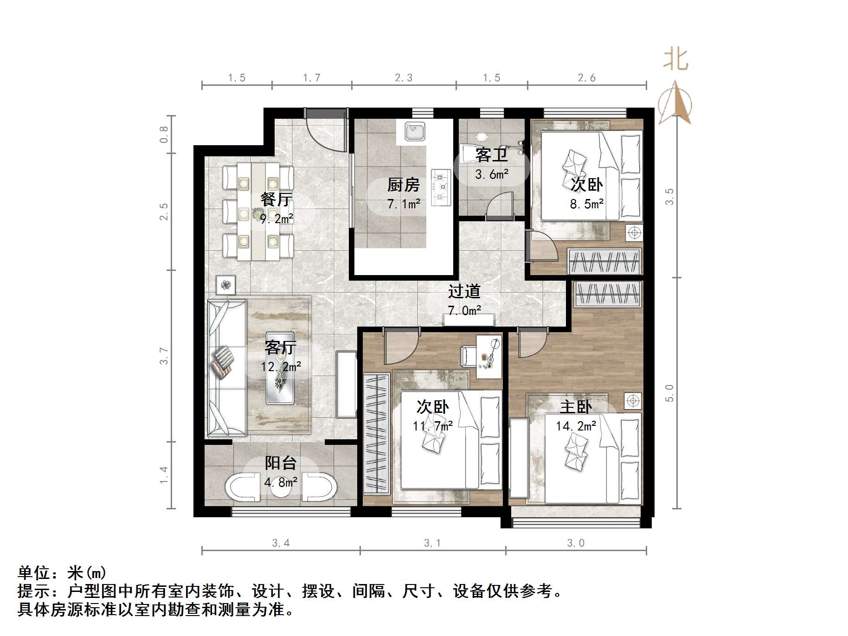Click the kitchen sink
(414, 131)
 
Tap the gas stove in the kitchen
(441, 187)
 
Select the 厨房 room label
(403, 185)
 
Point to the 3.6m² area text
(491, 175)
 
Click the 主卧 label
(575, 407)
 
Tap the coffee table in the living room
(280, 367)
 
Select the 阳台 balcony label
(280, 463)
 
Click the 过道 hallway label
(463, 291)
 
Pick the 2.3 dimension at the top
(403, 78)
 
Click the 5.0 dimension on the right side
(669, 393)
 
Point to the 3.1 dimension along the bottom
(432, 543)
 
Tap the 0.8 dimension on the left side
(164, 134)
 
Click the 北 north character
(675, 60)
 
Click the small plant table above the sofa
(225, 285)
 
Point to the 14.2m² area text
(576, 426)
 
